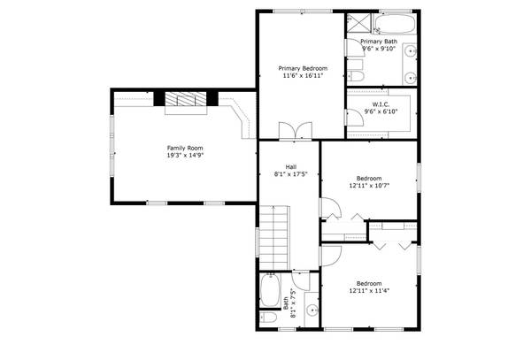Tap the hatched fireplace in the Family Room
click(185, 100)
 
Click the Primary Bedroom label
click(303, 68)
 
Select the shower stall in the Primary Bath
click(358, 23)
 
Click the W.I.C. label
click(381, 103)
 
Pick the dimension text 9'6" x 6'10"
click(381, 111)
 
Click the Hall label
click(290, 166)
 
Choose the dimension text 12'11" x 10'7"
click(369, 185)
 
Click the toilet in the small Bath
click(268, 318)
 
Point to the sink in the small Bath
click(312, 310)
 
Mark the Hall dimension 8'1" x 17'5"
click(290, 174)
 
